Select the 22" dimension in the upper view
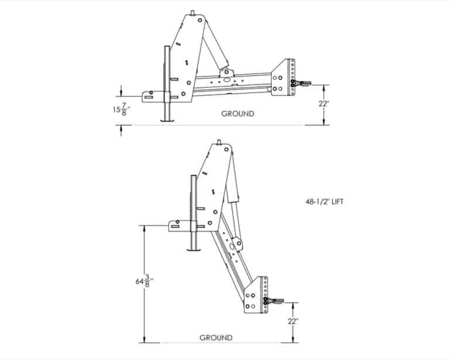(323, 103)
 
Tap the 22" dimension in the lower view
(292, 321)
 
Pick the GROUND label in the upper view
(237, 114)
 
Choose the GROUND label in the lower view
(216, 338)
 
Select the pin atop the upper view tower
(193, 13)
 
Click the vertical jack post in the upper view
(166, 82)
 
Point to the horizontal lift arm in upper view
(234, 83)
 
